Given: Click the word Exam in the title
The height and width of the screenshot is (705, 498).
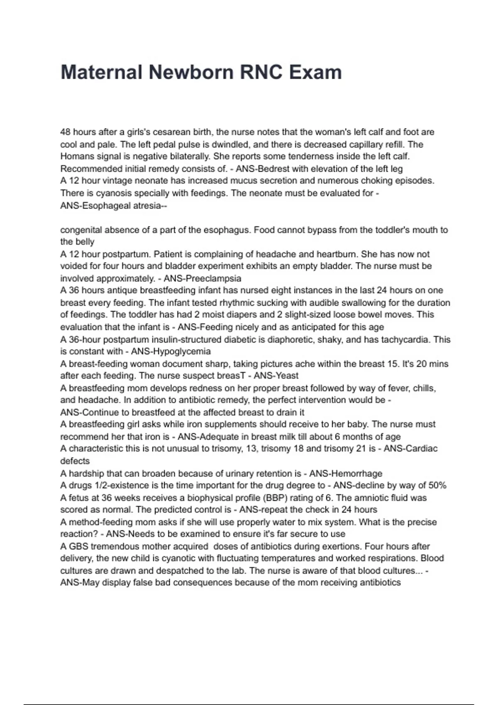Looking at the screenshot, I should tap(315, 72).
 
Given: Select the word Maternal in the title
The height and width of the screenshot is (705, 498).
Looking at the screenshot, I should tap(102, 72).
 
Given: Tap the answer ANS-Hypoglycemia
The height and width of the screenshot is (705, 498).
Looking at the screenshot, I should tap(171, 351).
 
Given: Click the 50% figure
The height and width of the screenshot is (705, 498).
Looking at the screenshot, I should tap(437, 485).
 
